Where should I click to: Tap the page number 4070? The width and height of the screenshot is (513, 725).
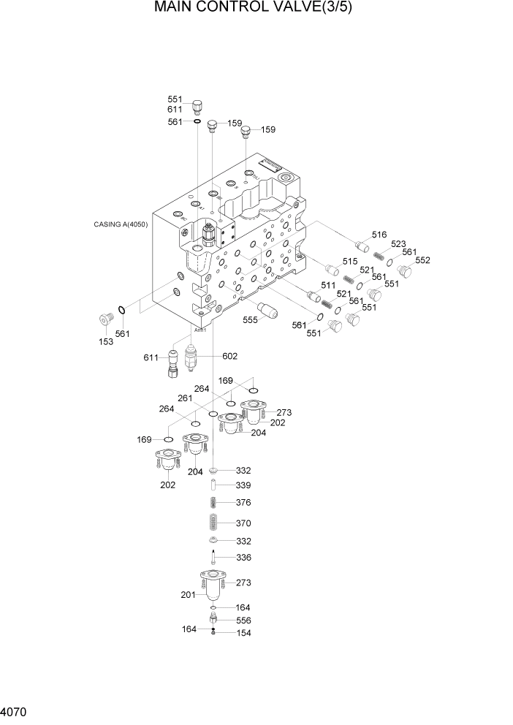click(15, 710)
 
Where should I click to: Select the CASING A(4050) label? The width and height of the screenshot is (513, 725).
click(121, 224)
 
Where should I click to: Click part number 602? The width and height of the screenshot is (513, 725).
click(229, 356)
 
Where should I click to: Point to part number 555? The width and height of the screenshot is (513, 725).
click(251, 319)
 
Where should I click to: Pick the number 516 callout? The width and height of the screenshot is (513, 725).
click(379, 235)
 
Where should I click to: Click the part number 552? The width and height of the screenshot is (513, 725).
click(422, 260)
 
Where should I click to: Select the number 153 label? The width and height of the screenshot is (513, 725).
click(106, 341)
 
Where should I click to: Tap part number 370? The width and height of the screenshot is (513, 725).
click(243, 523)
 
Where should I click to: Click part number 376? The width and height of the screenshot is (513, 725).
click(243, 502)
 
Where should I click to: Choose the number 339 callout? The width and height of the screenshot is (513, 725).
click(243, 485)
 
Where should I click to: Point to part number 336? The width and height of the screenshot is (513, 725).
click(243, 558)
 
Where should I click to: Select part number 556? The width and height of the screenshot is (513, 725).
click(243, 620)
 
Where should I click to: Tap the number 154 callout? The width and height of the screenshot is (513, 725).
click(243, 634)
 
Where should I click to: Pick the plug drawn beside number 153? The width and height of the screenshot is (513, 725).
click(107, 319)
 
